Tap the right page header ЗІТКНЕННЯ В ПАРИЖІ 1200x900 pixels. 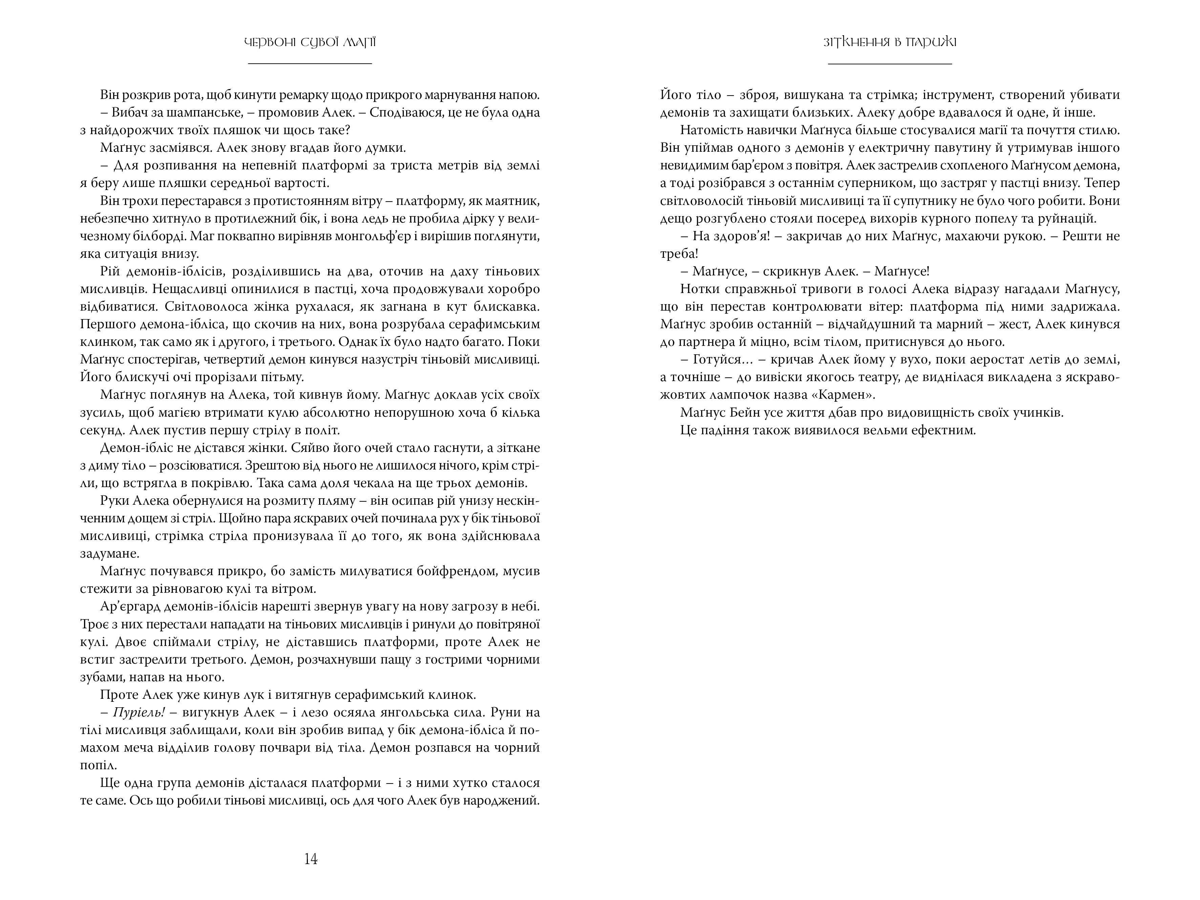pyautogui.click(x=890, y=42)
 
